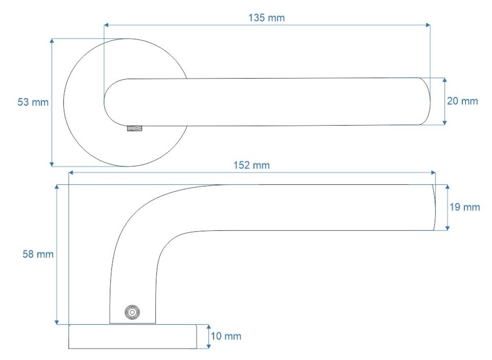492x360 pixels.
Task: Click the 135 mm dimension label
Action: click(266, 18)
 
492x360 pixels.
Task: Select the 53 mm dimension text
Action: click(33, 102)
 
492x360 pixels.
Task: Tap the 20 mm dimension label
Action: click(462, 101)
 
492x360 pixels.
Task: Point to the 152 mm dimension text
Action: click(251, 165)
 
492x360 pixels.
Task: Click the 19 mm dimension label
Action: click(465, 207)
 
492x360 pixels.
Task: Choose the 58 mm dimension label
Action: click(38, 254)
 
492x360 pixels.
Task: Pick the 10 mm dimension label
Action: click(226, 336)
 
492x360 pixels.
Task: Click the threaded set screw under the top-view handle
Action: click(134, 128)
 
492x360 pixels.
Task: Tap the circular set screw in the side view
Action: click(132, 312)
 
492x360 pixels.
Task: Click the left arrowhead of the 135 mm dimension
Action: click(106, 25)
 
